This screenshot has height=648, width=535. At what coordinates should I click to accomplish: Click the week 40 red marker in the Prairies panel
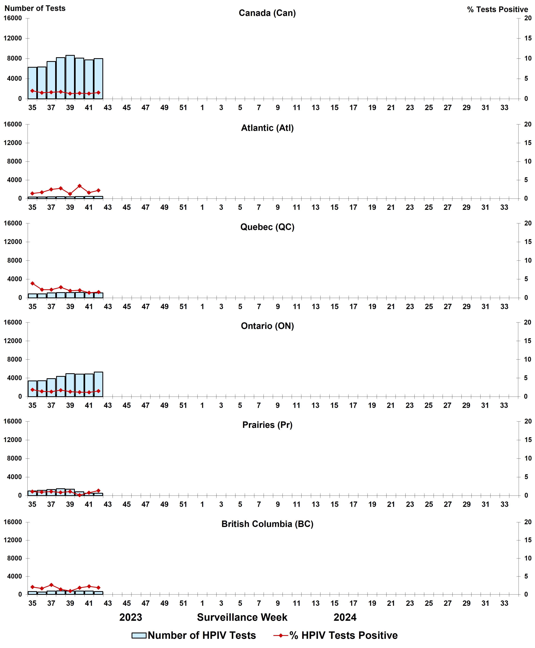79,495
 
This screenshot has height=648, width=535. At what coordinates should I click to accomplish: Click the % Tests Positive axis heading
497,10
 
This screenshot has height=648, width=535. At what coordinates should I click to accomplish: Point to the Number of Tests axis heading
35,8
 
